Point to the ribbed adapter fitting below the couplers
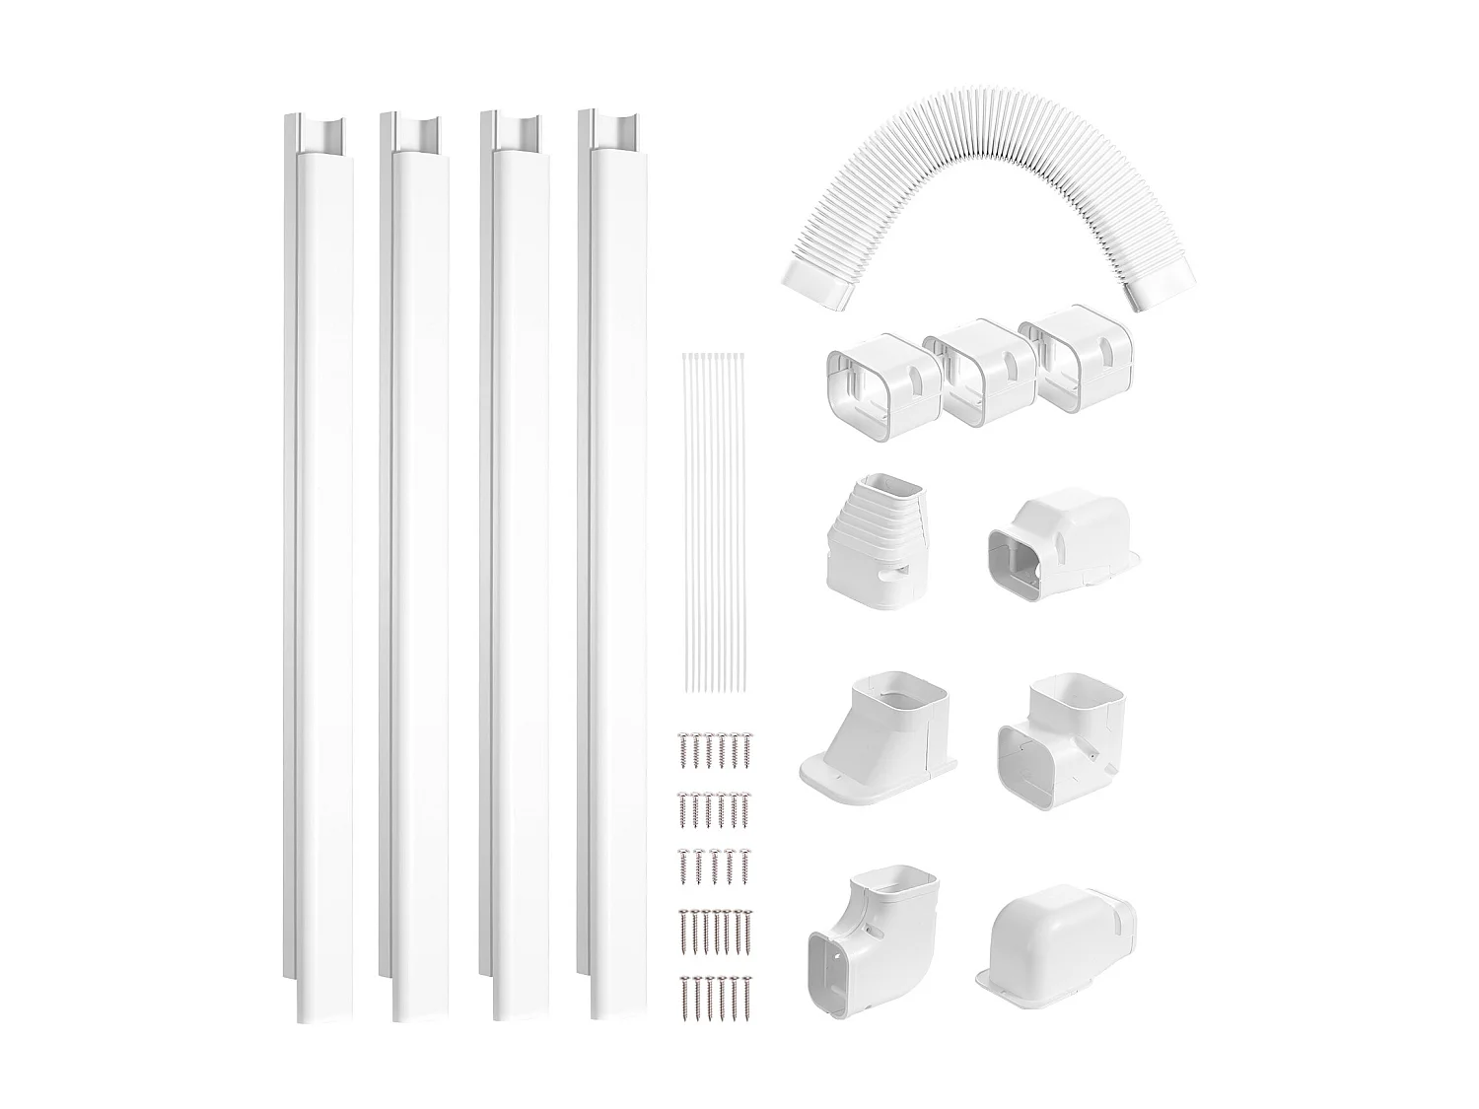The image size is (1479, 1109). [x=868, y=543]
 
